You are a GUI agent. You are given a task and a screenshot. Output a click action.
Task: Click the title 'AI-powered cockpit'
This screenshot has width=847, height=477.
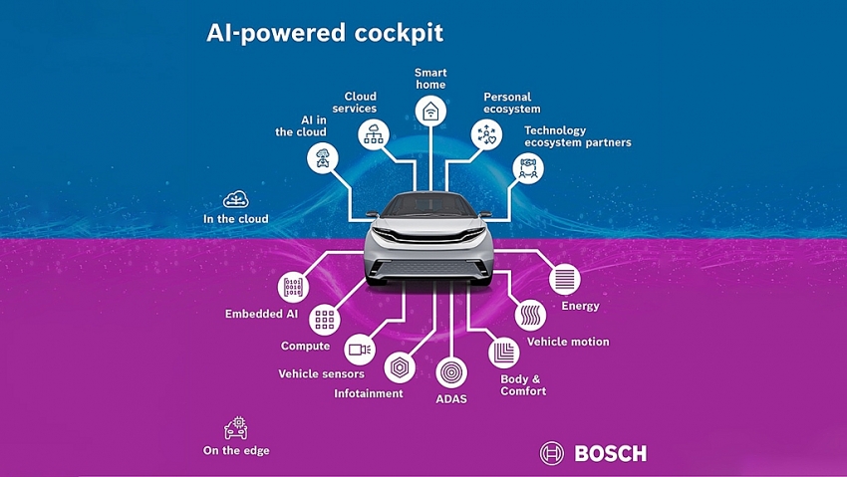(x=325, y=32)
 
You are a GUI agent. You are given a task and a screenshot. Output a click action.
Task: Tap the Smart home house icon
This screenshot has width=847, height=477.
(x=430, y=110)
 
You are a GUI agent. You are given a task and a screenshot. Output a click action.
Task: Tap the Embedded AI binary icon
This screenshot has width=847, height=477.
(x=292, y=288)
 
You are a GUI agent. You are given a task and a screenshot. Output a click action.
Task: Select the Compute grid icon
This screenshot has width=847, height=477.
(x=324, y=320)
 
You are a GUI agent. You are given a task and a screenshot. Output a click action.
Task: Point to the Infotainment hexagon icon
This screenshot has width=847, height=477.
(x=399, y=366)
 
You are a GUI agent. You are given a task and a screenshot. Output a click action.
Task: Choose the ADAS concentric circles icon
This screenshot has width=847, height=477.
(x=450, y=372)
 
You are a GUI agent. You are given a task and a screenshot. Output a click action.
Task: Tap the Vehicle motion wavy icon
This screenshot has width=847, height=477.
(x=530, y=316)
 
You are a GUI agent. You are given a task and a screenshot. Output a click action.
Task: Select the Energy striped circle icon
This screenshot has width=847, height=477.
(x=564, y=279)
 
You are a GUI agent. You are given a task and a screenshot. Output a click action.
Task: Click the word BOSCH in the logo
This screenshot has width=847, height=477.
(x=610, y=454)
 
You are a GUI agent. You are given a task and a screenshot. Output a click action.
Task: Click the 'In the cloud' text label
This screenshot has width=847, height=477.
(x=235, y=219)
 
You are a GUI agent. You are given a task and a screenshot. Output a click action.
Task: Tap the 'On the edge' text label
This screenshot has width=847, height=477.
(x=236, y=450)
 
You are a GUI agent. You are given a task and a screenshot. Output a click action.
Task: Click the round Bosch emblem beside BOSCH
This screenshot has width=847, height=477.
(x=552, y=454)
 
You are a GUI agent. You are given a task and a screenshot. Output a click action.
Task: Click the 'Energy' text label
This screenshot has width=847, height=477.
(x=580, y=306)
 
